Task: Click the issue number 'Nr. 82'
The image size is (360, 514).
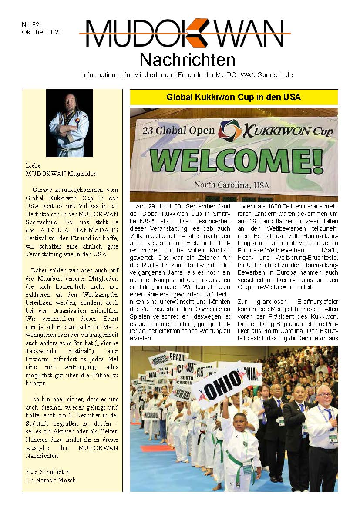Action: click(30, 25)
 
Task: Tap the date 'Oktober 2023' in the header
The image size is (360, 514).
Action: click(41, 32)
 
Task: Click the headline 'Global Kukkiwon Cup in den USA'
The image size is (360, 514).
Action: click(234, 97)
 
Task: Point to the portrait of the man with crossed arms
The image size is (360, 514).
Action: click(69, 123)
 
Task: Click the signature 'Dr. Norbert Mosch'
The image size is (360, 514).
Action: click(51, 480)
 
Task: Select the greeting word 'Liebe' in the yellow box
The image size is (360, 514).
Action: click(33, 165)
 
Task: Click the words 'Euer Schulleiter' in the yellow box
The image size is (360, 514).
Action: click(47, 472)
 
